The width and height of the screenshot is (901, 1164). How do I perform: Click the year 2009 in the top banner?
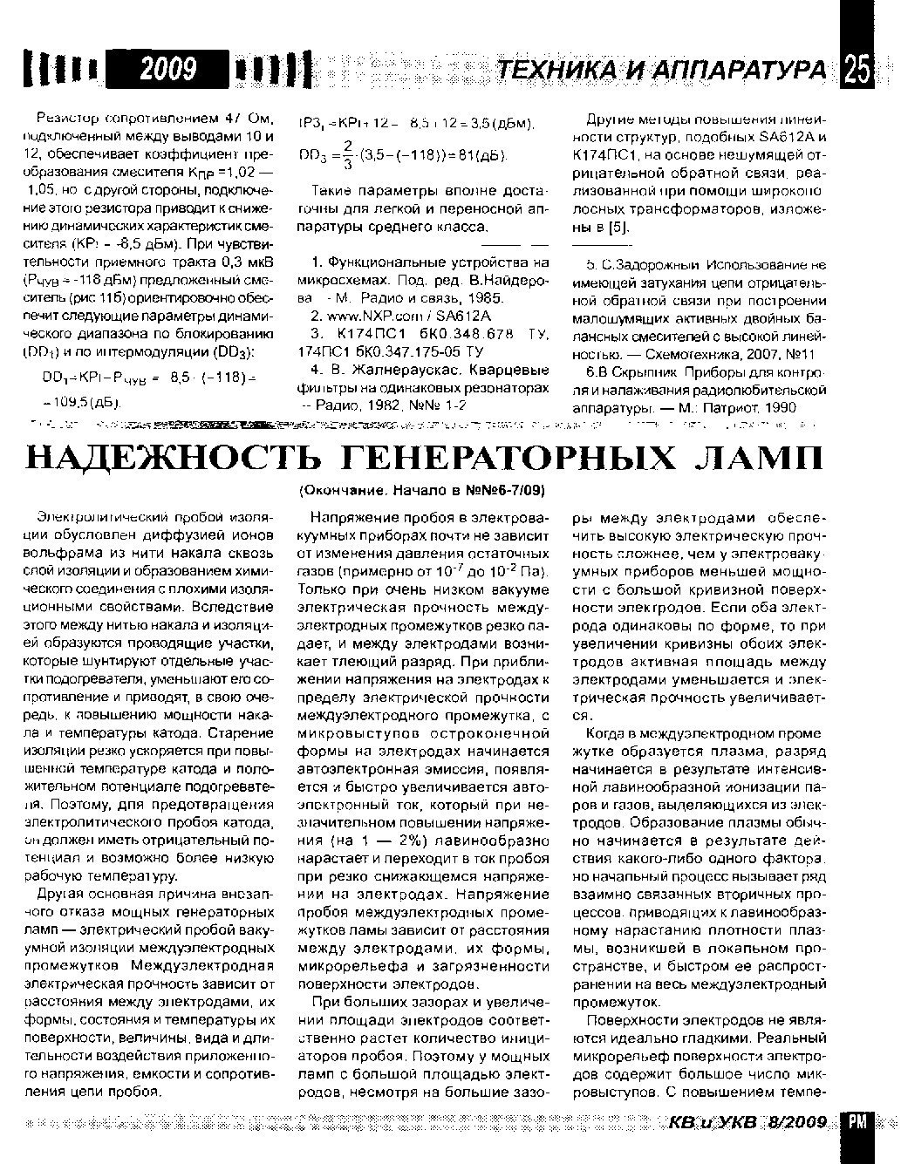170,68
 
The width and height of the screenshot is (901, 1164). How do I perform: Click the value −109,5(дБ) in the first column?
82,404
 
